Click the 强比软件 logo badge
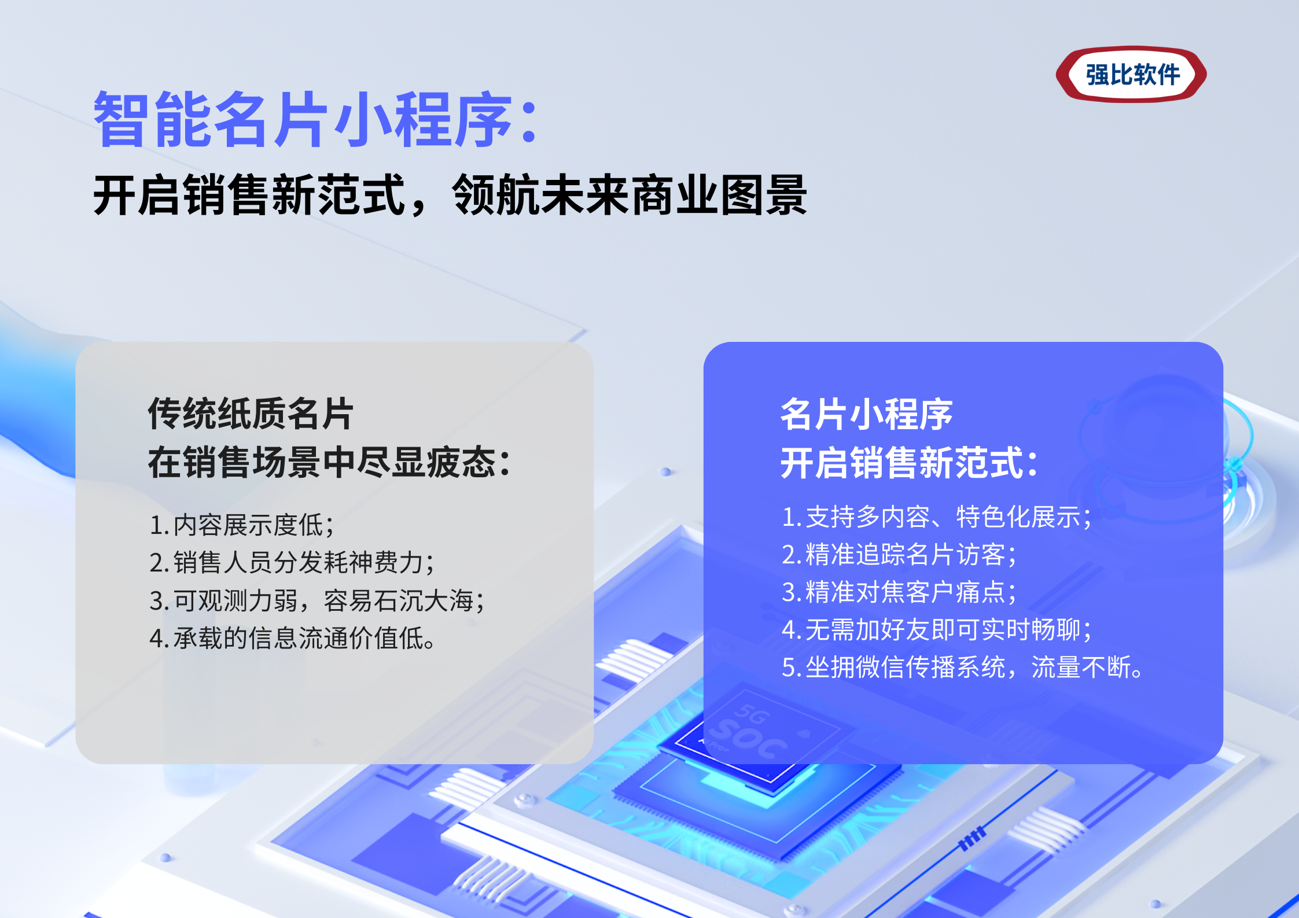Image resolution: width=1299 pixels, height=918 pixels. click(1131, 75)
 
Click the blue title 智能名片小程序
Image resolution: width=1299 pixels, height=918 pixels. click(303, 119)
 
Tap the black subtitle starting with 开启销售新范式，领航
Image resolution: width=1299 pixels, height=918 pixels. click(450, 195)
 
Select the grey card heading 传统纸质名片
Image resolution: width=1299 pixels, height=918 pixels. click(251, 414)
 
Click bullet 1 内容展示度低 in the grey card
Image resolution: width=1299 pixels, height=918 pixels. click(241, 525)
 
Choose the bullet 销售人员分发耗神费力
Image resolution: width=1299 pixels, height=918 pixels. click(292, 562)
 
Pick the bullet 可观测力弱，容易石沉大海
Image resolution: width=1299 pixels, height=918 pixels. click(317, 600)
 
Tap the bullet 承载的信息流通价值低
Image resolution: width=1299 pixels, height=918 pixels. click(292, 638)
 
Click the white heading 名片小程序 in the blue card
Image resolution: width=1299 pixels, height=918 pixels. click(866, 414)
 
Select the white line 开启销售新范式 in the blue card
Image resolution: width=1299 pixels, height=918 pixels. click(909, 463)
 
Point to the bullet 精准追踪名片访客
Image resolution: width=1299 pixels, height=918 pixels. click(899, 554)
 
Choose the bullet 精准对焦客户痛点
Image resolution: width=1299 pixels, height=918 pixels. click(899, 592)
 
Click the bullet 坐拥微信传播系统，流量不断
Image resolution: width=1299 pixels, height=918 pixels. click(962, 667)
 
